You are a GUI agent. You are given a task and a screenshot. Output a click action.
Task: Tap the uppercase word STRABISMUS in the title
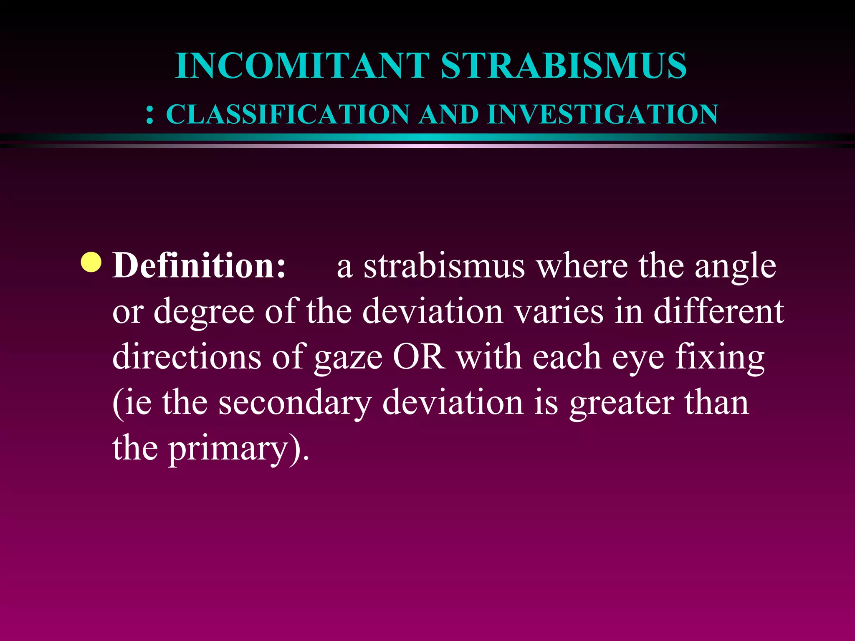564,66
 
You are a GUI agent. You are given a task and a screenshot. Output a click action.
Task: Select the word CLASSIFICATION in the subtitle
288,114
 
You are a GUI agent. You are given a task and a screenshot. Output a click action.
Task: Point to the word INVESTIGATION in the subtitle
602,114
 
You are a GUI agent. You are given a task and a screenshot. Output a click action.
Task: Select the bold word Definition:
200,265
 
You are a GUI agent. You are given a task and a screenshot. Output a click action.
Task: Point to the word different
718,311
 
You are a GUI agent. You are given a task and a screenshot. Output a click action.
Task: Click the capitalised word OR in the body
419,357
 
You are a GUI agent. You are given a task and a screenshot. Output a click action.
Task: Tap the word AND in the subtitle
449,114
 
